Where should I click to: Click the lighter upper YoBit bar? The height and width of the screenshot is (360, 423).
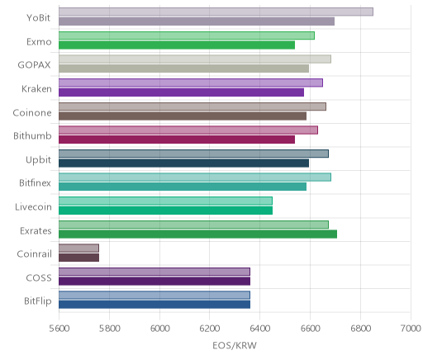[216, 12]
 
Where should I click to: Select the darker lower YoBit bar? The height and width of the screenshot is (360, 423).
[197, 21]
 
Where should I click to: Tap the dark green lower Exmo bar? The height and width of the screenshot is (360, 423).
[177, 45]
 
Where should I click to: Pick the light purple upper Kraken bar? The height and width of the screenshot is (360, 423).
[191, 83]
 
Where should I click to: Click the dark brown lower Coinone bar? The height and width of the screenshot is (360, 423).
[183, 116]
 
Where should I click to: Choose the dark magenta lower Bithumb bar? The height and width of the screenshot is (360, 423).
[177, 140]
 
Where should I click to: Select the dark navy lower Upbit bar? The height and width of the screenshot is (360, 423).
[183, 163]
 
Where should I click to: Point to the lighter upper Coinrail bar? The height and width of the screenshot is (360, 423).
[78, 248]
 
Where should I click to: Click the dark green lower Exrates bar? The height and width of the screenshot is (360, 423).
[197, 234]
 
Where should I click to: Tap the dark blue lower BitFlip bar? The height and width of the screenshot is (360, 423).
[154, 305]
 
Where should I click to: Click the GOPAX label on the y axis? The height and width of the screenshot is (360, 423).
[35, 65]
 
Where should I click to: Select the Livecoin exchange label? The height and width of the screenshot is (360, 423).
[33, 206]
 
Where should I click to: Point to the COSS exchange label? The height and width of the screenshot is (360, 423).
[39, 277]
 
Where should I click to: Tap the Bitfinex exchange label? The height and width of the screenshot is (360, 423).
[35, 182]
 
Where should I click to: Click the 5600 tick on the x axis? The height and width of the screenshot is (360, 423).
[59, 329]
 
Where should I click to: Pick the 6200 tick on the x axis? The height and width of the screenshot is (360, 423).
[210, 329]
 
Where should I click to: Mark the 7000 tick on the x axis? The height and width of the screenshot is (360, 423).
[411, 329]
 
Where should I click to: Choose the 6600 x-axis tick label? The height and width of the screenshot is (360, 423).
[310, 329]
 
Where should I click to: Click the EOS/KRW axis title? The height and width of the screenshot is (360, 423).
[235, 345]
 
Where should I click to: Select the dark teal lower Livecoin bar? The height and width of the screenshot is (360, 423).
[165, 211]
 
